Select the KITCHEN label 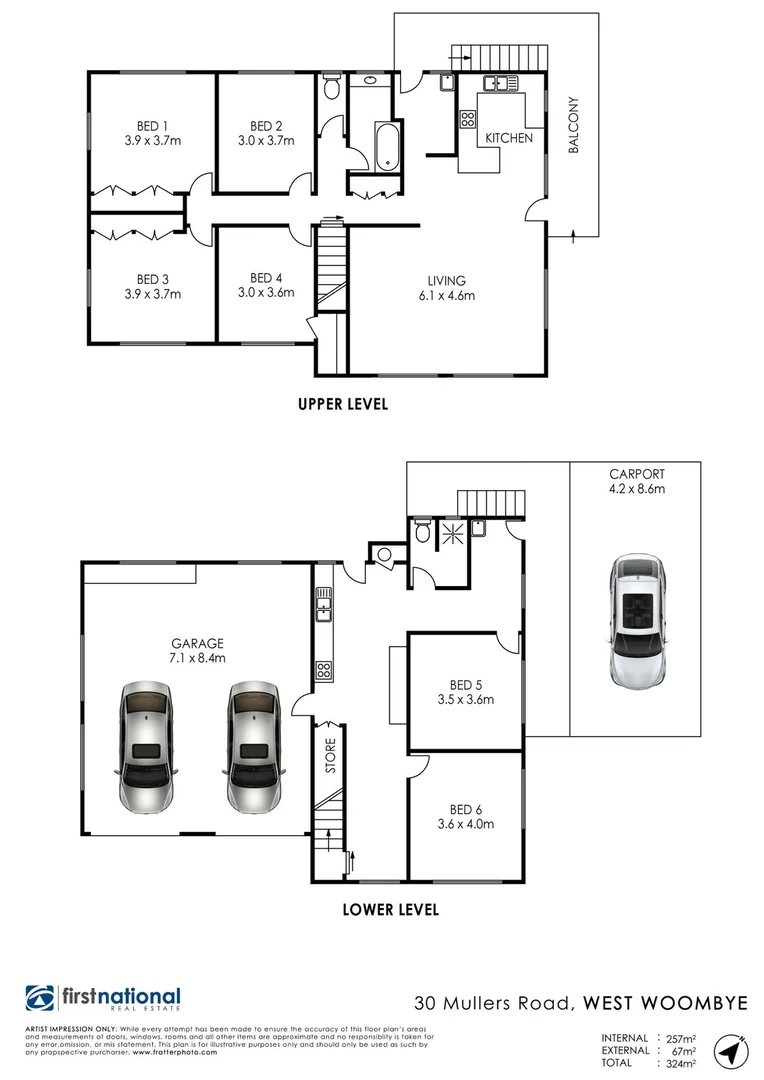(x=509, y=138)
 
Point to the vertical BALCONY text (x=573, y=125)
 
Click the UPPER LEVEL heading (x=342, y=405)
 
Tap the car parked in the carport (x=637, y=621)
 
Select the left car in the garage (x=146, y=747)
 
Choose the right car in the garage (x=253, y=747)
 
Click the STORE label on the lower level (x=330, y=756)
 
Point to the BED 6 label (x=466, y=810)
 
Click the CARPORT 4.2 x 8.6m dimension (x=637, y=489)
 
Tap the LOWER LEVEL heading (x=390, y=910)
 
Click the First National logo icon (x=41, y=998)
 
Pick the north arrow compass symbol (x=731, y=1052)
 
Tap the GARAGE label (x=197, y=644)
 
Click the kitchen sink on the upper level (x=496, y=84)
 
